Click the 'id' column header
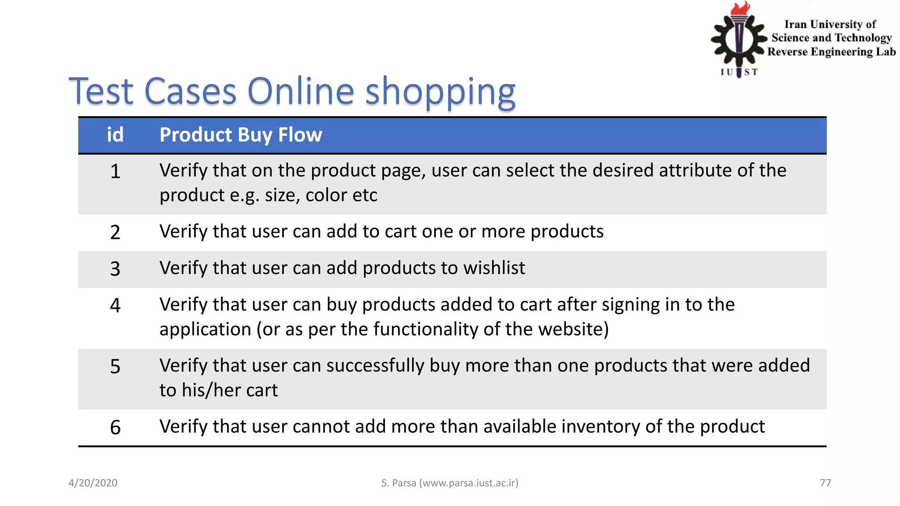pos(115,135)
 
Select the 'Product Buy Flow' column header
pos(240,135)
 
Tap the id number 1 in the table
pos(115,171)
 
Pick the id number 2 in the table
pos(115,232)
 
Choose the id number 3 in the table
pos(115,268)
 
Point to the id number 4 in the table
pos(115,305)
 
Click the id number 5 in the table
pos(115,366)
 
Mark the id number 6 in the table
pos(115,427)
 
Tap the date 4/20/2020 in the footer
pos(93,483)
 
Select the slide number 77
pos(825,483)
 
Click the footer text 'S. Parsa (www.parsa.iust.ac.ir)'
pos(450,483)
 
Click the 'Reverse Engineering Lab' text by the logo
pos(831,52)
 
